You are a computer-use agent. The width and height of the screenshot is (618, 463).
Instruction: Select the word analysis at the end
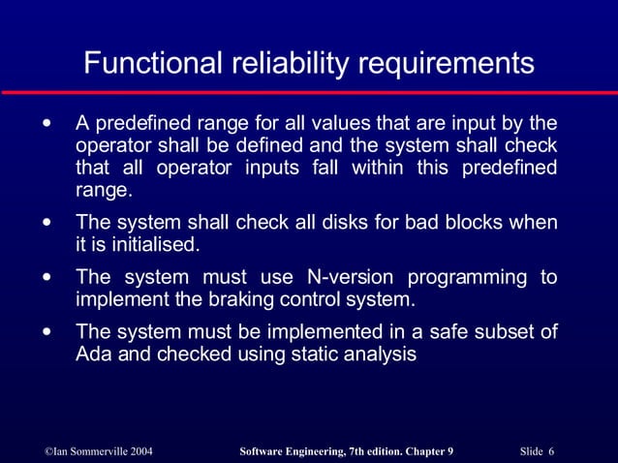coord(382,355)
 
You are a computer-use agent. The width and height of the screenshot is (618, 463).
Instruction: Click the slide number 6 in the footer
coord(550,451)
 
